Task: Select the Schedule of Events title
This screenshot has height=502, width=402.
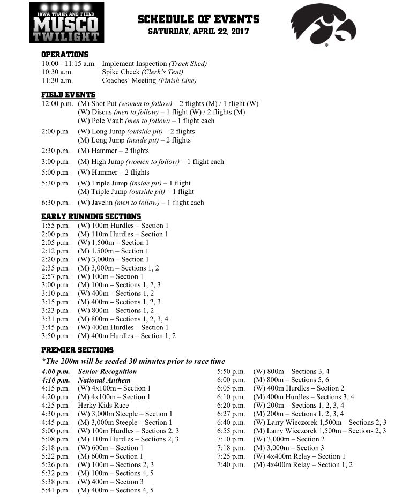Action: pos(198,20)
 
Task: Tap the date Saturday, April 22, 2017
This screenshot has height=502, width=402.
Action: pos(198,31)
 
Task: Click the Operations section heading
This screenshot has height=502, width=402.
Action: pos(65,55)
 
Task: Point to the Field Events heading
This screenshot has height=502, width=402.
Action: pos(68,94)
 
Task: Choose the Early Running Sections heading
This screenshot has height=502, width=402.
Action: pos(91,216)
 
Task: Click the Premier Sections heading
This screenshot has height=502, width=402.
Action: pos(77,350)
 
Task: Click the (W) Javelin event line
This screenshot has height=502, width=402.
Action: pos(140,203)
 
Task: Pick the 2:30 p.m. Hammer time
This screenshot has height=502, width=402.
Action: pos(56,151)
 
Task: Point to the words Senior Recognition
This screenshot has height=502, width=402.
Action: pos(107,371)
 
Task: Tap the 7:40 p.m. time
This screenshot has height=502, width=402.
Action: pos(231,465)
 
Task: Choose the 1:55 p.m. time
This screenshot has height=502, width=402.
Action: pos(56,226)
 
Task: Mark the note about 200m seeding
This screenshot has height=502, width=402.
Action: pos(133,361)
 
